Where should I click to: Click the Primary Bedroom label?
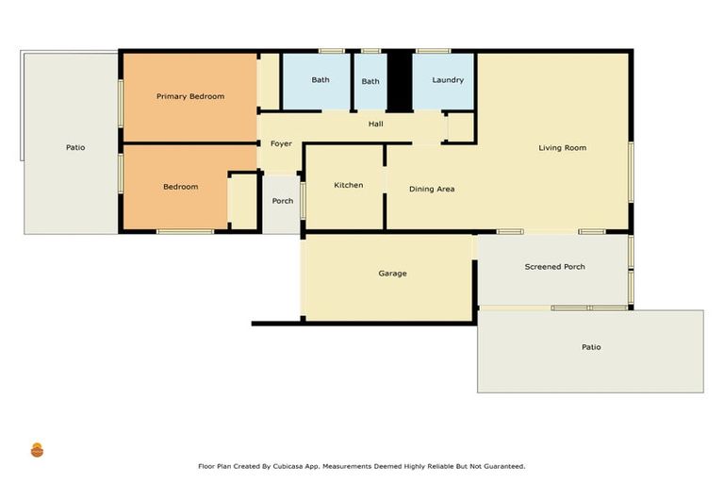(190, 96)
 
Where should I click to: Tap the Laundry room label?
(448, 80)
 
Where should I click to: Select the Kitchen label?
(349, 185)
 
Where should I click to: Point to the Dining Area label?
(432, 189)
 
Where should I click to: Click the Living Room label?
(563, 148)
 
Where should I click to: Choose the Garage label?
(392, 274)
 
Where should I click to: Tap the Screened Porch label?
(554, 267)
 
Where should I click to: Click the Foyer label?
(281, 143)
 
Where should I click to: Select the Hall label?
(376, 124)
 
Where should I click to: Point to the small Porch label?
(283, 201)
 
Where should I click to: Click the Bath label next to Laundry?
(370, 81)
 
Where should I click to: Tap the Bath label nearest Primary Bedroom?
(321, 80)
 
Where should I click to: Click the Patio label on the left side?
(75, 147)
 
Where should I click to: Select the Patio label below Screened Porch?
(591, 347)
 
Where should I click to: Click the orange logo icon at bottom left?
(37, 450)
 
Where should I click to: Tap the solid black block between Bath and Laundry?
(400, 81)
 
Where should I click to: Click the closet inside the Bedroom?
(243, 202)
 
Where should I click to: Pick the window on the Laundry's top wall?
(433, 51)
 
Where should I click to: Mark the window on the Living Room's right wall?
(631, 172)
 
